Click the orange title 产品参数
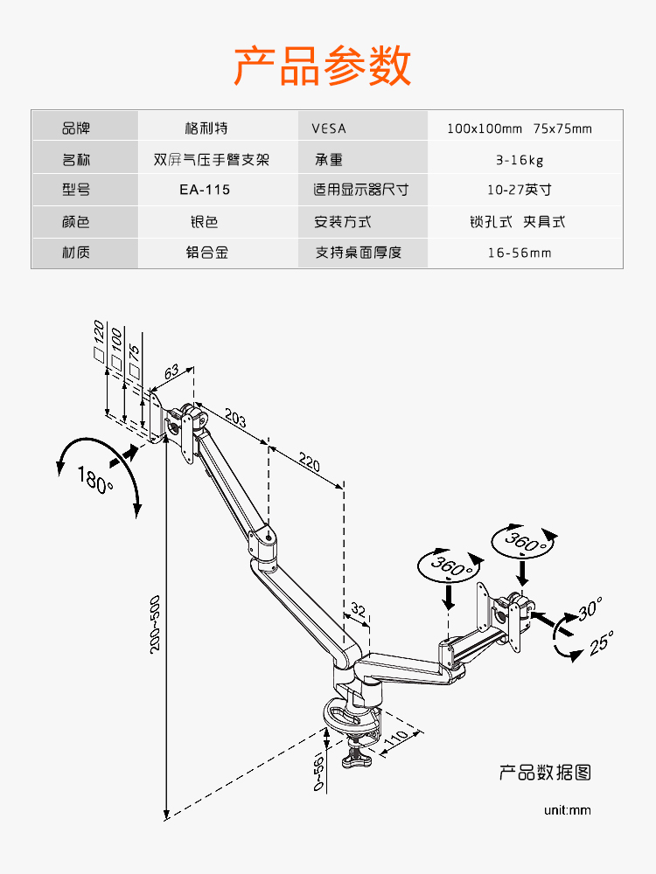pos(323,66)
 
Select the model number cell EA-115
pos(206,190)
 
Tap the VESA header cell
pos(329,128)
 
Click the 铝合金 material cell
pos(206,253)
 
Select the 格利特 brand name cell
pos(206,128)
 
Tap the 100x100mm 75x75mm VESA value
pos(520,128)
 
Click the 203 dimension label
pos(235,418)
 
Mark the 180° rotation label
pos(95,480)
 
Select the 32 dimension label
pos(358,609)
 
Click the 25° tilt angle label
pos(601,643)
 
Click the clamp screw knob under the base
pos(356,759)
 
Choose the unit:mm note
pos(567,809)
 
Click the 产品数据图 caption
pos(545,773)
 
